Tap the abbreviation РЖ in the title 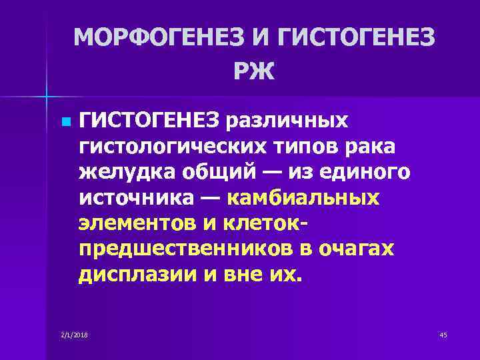pos(254,70)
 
